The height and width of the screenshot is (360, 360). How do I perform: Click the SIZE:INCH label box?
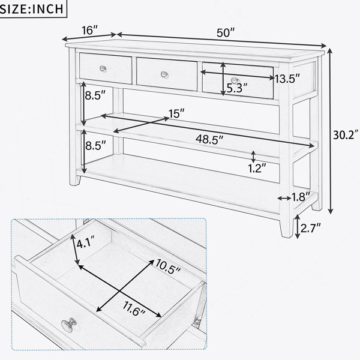click(x=33, y=8)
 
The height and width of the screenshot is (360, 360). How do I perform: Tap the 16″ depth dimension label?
click(x=90, y=30)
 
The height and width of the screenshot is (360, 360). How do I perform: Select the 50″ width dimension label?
click(x=226, y=32)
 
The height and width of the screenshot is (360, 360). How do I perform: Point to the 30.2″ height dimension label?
click(x=346, y=135)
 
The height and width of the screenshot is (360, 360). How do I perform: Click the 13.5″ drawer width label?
click(x=287, y=79)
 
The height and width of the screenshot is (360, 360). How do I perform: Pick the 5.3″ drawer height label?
click(x=238, y=88)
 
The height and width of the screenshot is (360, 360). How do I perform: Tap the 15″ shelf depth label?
click(x=176, y=113)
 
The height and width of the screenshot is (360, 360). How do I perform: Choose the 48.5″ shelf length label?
click(x=209, y=139)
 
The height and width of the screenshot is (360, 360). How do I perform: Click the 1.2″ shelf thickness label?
click(x=257, y=168)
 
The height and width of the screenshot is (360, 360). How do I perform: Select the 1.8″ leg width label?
click(x=301, y=197)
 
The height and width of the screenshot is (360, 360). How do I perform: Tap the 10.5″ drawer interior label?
click(x=168, y=266)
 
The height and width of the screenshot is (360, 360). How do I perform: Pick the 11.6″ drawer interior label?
click(x=134, y=309)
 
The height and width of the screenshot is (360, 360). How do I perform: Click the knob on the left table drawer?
click(x=103, y=68)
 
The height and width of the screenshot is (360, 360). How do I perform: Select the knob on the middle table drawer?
click(x=164, y=74)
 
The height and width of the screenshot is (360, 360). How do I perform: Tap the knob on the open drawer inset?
click(x=69, y=325)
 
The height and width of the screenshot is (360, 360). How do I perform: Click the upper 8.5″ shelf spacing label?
click(x=95, y=95)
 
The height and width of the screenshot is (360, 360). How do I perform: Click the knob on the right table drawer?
click(x=235, y=80)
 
